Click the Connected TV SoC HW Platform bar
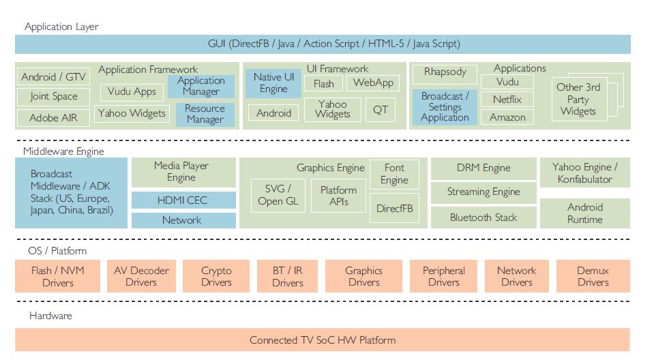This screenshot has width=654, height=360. click(323, 340)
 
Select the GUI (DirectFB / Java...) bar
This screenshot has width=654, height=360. click(323, 44)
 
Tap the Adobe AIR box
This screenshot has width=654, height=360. click(53, 118)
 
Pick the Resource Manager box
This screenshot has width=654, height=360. click(205, 114)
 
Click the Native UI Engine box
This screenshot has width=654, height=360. click(273, 83)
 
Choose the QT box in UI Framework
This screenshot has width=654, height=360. click(380, 110)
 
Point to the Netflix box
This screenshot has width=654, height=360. click(507, 100)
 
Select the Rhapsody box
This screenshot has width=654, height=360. click(445, 72)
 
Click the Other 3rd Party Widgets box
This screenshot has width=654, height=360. click(578, 99)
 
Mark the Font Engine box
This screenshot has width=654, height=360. click(394, 174)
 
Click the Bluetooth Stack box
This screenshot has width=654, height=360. click(483, 217)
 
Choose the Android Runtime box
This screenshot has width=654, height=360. click(584, 213)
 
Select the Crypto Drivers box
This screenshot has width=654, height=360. click(216, 276)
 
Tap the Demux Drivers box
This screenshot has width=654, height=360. click(593, 276)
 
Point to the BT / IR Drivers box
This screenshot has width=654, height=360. click(288, 276)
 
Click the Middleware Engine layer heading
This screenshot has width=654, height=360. click(63, 151)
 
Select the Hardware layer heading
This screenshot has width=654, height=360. click(50, 316)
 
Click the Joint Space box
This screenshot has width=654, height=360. click(54, 97)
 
